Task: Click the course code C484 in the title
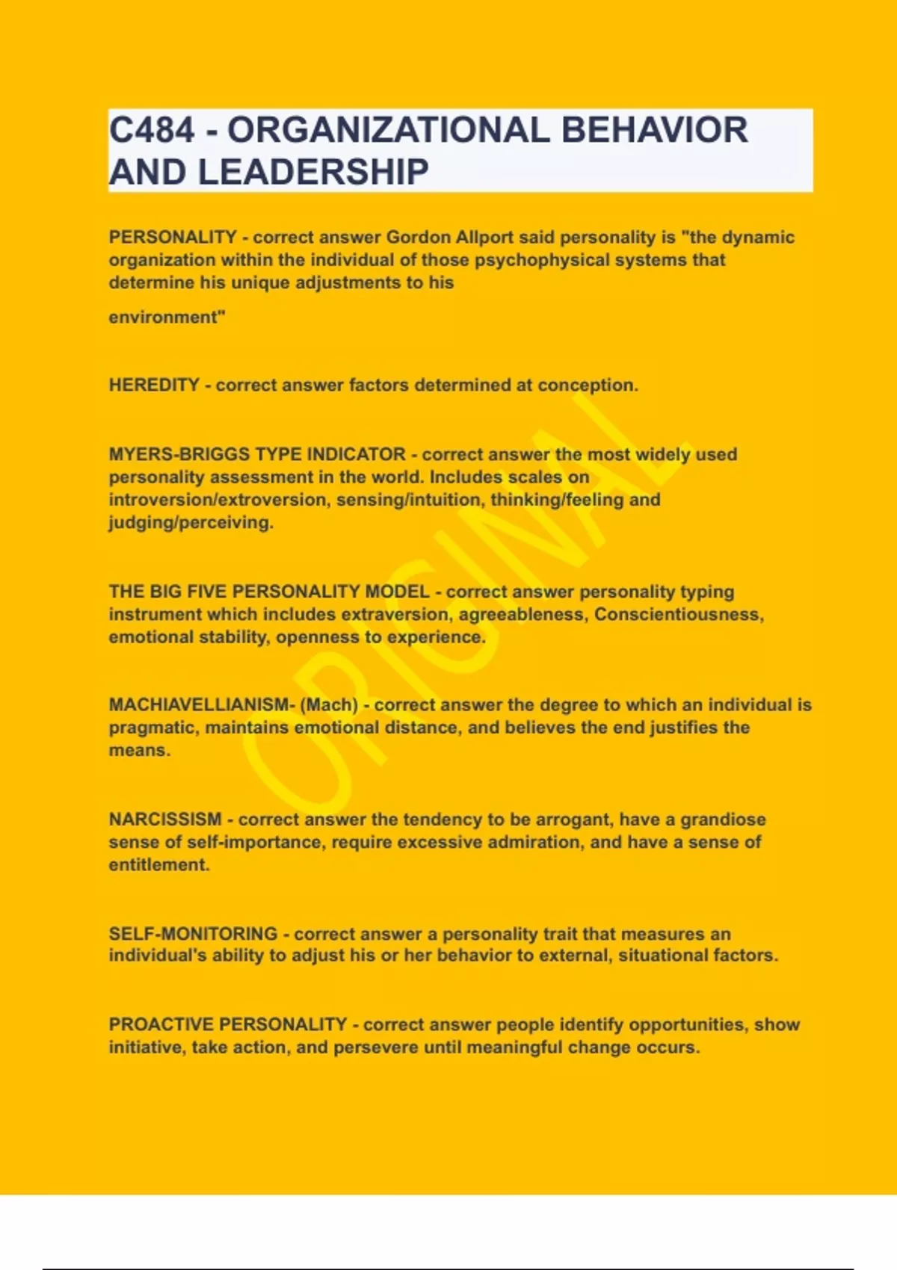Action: click(152, 130)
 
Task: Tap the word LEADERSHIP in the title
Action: click(313, 172)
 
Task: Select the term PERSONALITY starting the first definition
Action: click(173, 237)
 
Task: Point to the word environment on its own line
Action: click(165, 317)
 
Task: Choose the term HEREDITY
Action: click(154, 385)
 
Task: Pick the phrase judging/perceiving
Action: click(190, 522)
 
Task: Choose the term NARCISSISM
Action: click(165, 819)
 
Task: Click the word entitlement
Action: click(158, 864)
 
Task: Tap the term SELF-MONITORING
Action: click(193, 934)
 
